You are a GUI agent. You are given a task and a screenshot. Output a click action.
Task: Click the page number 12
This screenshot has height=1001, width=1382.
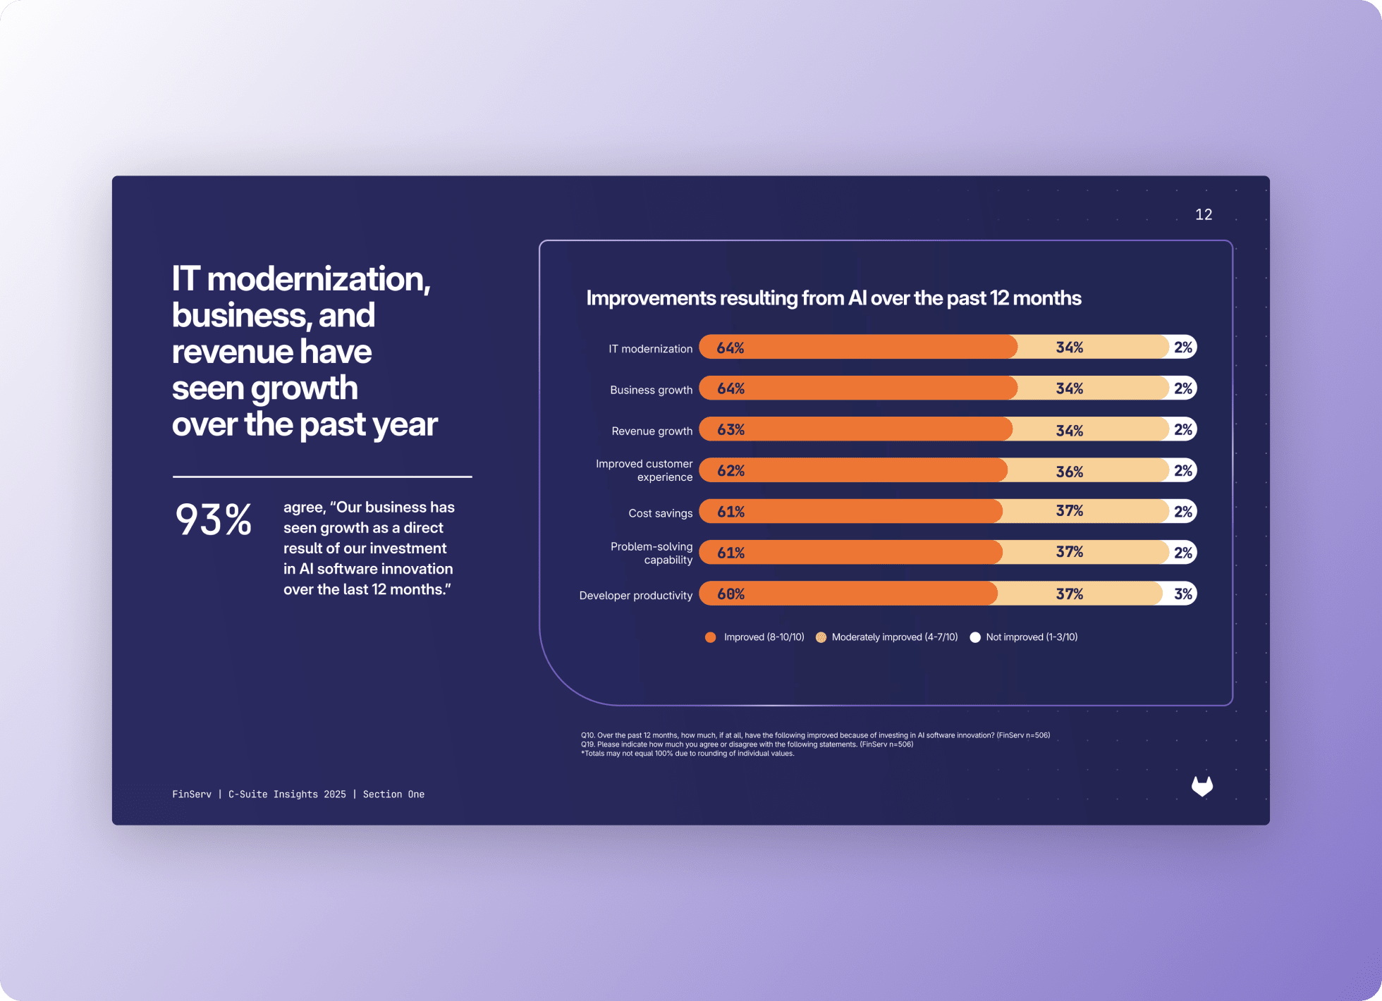pos(1203,214)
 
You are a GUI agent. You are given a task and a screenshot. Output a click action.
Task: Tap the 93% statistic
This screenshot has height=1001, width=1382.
pos(213,520)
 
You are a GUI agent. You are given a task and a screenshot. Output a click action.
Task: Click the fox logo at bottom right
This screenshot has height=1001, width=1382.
pos(1201,786)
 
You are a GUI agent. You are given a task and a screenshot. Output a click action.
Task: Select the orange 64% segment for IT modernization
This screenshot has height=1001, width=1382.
pos(857,347)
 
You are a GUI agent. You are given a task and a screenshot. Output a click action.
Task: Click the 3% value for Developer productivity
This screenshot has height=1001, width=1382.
pos(1182,594)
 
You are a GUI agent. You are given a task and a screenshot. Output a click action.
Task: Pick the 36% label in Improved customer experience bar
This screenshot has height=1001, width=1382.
pos(1069,471)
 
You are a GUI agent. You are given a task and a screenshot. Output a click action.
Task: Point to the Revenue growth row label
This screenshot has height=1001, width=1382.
pos(652,431)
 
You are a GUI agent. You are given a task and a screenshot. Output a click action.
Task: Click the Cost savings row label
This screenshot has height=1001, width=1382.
pos(660,513)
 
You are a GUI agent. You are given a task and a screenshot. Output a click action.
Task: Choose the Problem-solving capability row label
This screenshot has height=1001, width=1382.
pos(652,553)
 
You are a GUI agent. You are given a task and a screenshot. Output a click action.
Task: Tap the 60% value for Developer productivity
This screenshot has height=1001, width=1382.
pos(730,594)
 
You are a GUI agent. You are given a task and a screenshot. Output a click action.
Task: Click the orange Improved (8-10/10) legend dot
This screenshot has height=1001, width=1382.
pos(710,637)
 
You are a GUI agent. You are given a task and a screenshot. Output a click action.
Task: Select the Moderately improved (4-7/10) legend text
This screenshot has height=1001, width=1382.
pos(894,637)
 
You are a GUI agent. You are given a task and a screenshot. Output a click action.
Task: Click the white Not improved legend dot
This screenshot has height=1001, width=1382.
pos(975,637)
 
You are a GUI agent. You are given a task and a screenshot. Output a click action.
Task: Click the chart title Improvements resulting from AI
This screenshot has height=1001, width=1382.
pos(833,298)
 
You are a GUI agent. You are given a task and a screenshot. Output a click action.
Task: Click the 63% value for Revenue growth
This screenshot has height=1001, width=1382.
pos(730,429)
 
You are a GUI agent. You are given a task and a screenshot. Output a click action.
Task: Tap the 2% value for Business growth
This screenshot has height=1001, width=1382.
pos(1182,388)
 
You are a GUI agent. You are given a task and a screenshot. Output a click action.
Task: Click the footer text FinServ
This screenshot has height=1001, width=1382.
pos(192,794)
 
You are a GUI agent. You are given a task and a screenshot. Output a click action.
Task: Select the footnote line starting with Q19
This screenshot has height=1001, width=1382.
pos(747,744)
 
